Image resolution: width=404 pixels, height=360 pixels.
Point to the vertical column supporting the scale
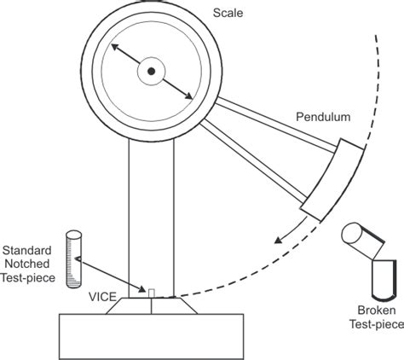tap(152, 213)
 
